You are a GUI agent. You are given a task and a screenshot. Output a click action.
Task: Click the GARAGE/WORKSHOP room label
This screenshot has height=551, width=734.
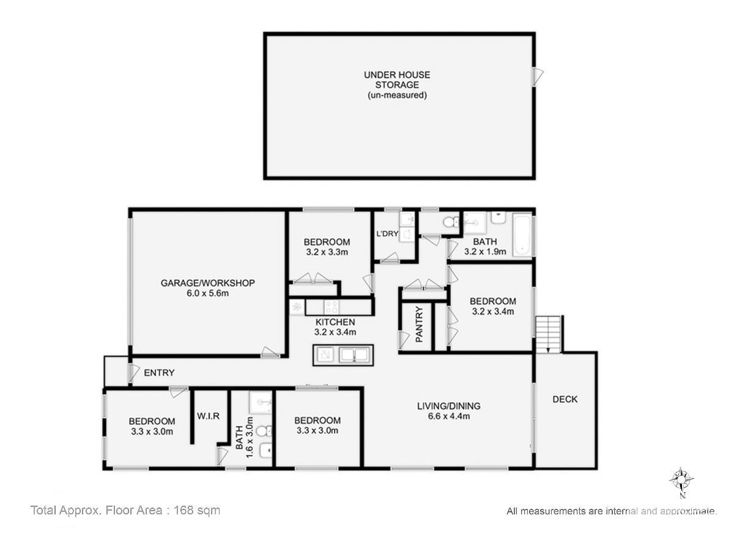[207, 283]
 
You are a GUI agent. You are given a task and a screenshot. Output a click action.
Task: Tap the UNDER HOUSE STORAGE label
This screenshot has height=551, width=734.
[397, 80]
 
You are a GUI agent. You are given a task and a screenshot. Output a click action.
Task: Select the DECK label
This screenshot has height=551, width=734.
[565, 399]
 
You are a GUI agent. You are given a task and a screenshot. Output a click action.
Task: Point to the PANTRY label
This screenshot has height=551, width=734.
[419, 324]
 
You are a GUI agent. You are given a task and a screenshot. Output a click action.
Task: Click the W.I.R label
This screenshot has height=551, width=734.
[208, 416]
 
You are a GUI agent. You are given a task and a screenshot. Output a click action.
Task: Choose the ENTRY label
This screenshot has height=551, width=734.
[159, 373]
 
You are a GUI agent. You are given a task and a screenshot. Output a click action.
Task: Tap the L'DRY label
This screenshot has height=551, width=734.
[387, 234]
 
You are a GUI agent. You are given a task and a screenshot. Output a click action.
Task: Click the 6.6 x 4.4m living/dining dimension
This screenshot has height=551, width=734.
[449, 416]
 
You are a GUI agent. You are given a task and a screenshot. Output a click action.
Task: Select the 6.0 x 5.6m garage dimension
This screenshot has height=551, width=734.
[207, 293]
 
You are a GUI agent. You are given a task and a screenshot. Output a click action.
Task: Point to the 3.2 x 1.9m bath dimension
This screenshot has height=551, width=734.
[485, 252]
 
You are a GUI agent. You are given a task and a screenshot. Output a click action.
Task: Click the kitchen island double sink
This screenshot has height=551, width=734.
[354, 355]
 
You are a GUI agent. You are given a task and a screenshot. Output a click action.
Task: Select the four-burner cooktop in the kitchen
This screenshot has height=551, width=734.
[331, 307]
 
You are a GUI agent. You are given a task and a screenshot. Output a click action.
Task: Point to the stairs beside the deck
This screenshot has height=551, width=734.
[548, 334]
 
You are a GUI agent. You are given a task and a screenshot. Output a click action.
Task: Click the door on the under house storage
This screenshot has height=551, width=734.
[537, 77]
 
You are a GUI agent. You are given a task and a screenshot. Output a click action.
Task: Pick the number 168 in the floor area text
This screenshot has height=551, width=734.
[184, 510]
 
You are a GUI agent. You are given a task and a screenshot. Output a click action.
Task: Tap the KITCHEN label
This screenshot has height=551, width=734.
[335, 322]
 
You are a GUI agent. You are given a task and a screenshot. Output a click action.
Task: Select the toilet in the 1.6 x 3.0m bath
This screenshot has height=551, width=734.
[264, 431]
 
